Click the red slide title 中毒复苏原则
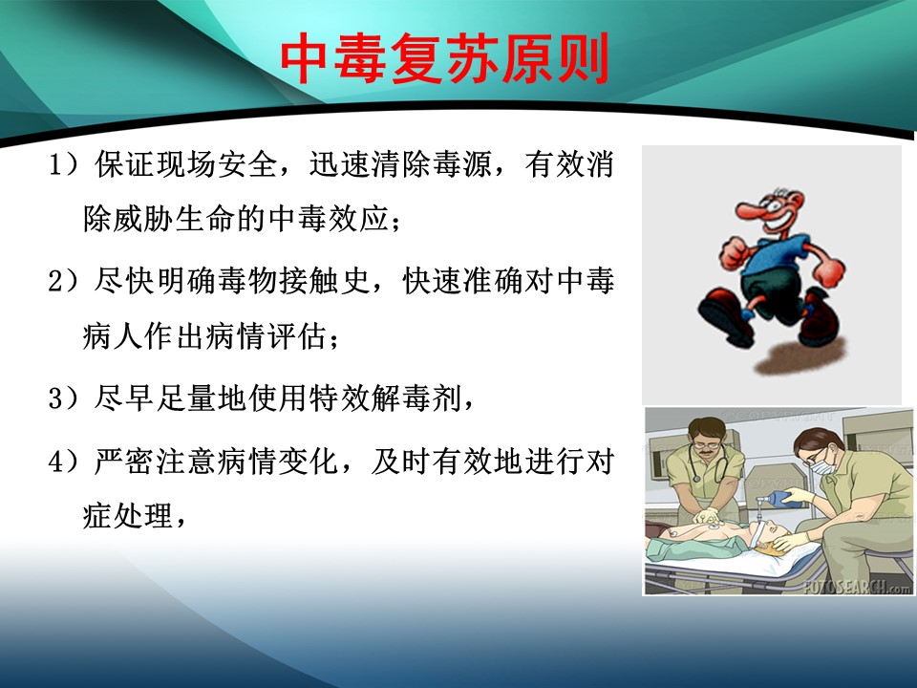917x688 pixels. pos(445,58)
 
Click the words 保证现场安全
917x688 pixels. pos(185,163)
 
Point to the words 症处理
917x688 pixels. pos(127,515)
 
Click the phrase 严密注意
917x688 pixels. pos(155,461)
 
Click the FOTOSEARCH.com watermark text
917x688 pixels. pos(858,587)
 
